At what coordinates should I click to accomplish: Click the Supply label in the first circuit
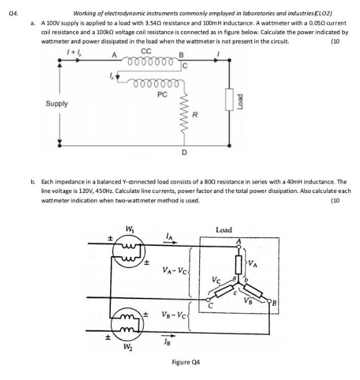pyautogui.click(x=56, y=104)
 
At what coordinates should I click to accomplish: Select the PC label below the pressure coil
pyautogui.click(x=162, y=94)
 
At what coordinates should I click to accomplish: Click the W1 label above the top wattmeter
pyautogui.click(x=130, y=228)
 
